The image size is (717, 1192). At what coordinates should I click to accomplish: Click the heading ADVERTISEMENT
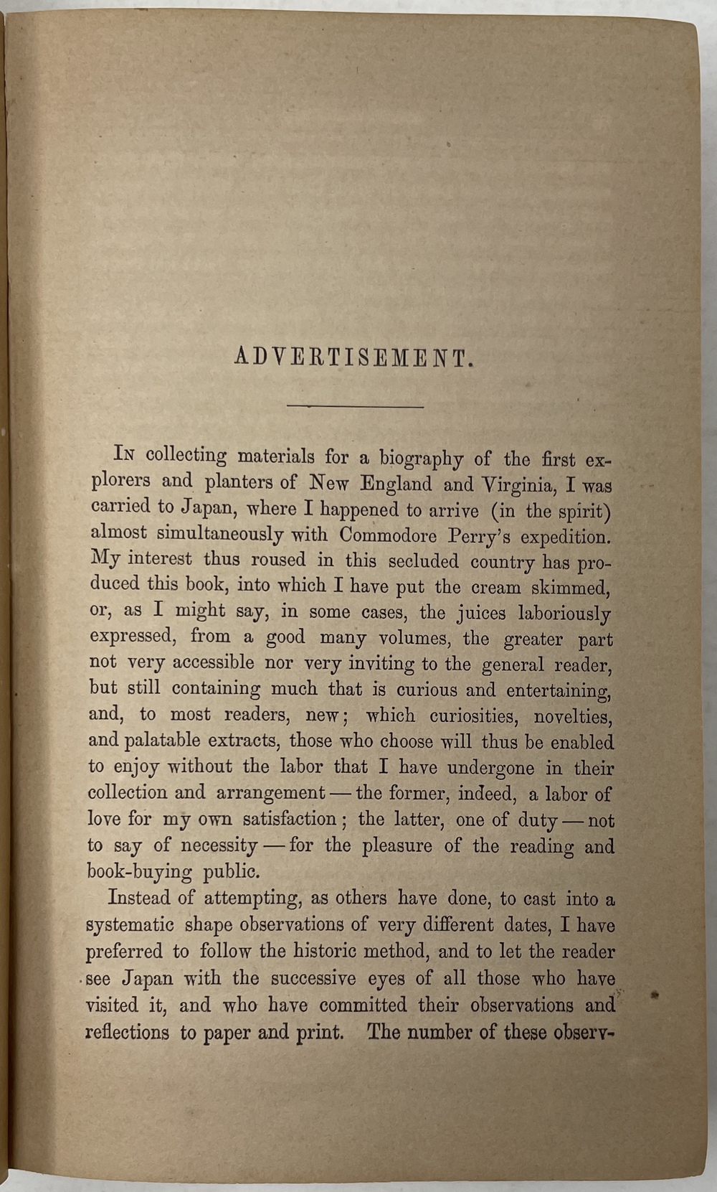354,357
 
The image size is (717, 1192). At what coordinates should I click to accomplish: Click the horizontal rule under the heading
355,406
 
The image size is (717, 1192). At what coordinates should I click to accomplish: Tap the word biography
421,457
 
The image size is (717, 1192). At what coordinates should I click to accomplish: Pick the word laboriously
570,614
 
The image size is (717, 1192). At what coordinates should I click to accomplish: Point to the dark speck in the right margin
655,995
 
